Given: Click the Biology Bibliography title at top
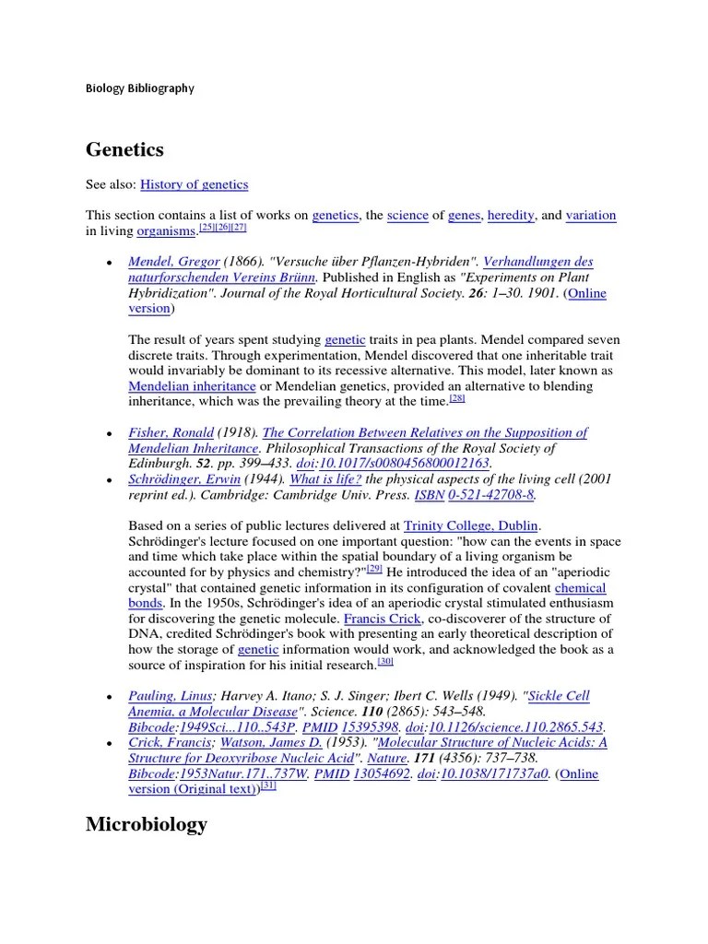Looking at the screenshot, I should point(140,88).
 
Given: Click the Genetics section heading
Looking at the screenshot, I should point(124,148).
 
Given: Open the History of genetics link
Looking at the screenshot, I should point(194,184).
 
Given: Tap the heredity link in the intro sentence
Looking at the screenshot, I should point(511,215).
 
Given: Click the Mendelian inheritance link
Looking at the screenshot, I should point(192,386).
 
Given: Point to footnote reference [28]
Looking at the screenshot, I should point(457,398).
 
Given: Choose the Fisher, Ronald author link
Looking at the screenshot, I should point(171,432).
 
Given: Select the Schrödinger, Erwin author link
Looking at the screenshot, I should point(184,479).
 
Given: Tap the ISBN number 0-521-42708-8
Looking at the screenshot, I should point(490,495).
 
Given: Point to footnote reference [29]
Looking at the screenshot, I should point(374,569).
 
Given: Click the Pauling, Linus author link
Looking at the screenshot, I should point(171,696).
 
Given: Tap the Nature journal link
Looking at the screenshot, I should point(387,758).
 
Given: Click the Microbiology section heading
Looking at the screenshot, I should point(147,824).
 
